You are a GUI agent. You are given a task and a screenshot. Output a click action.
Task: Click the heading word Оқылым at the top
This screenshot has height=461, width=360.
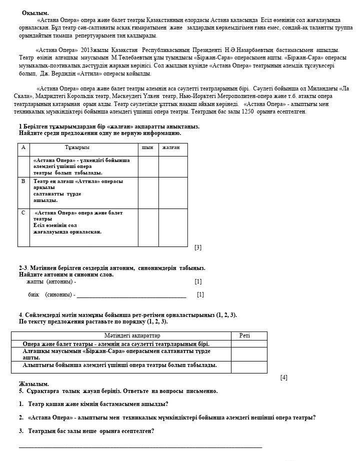35,12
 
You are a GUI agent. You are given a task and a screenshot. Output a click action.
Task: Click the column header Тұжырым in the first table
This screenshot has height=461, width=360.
77,147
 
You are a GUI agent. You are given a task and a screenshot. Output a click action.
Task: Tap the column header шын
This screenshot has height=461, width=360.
147,147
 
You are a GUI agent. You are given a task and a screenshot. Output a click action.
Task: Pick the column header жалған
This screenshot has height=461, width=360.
171,147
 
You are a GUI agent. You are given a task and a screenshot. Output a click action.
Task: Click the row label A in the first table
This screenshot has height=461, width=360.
23,147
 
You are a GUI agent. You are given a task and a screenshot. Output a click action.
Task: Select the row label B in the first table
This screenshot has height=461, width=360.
23,181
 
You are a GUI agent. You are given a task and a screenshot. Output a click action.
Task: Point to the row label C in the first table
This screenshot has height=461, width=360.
23,212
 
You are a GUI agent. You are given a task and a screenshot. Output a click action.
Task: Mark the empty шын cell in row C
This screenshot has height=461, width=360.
148,227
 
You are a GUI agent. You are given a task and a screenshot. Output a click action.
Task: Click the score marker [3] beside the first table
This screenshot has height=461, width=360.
198,247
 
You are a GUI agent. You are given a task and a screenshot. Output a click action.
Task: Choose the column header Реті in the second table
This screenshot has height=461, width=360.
244,335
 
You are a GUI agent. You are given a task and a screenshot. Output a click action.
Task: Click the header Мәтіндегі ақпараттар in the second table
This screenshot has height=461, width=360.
132,335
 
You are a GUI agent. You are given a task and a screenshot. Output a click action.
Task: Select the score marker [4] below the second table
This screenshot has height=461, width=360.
284,377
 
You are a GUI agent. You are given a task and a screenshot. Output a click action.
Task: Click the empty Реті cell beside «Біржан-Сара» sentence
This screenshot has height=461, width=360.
249,354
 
